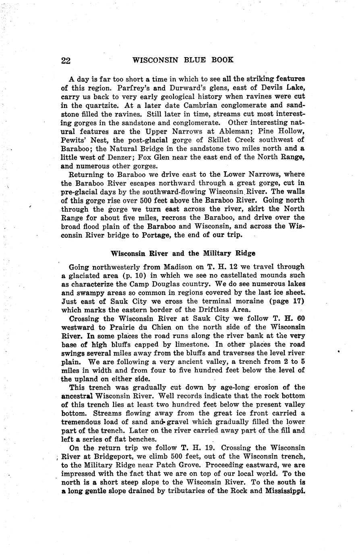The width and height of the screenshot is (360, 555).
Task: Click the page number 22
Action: (x=66, y=60)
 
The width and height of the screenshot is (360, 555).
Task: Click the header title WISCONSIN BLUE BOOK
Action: (x=183, y=60)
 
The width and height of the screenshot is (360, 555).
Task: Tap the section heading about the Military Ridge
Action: (x=183, y=254)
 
